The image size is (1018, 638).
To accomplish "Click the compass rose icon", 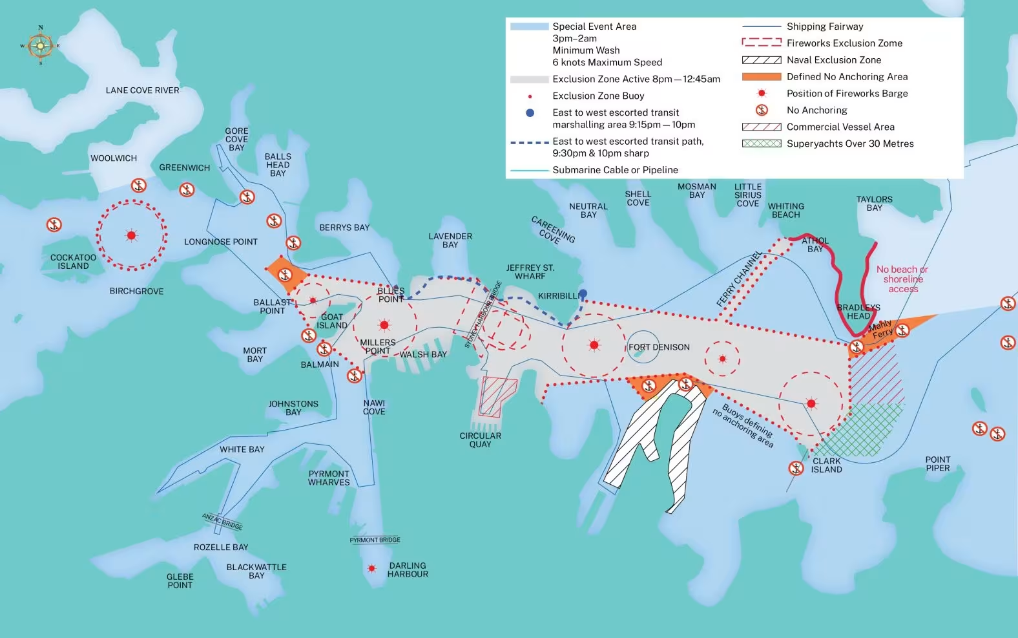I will click(40, 45).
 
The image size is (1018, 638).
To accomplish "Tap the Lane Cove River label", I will click(142, 90).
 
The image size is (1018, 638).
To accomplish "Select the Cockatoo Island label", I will click(73, 262).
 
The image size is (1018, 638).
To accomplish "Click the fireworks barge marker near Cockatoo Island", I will click(131, 235).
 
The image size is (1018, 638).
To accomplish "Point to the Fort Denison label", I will click(659, 347).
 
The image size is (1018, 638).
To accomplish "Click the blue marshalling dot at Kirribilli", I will click(583, 293).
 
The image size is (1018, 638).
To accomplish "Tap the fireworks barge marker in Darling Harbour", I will click(371, 568).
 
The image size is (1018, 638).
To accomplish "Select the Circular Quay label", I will click(480, 440).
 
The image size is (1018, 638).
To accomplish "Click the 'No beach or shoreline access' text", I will click(902, 279).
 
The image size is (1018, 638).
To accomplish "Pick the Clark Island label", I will click(826, 465).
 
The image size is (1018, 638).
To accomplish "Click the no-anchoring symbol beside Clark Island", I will click(796, 467).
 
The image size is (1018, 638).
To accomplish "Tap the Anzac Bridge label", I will click(222, 521).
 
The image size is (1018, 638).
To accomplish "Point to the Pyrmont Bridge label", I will click(375, 540).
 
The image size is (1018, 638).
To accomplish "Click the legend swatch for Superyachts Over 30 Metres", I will click(762, 144).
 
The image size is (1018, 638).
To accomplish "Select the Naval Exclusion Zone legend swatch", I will click(762, 60).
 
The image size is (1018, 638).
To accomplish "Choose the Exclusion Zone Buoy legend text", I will click(598, 96).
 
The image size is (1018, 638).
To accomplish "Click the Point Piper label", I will click(937, 463).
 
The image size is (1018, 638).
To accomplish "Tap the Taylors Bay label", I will click(874, 204).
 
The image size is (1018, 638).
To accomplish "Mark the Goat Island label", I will click(332, 321).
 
